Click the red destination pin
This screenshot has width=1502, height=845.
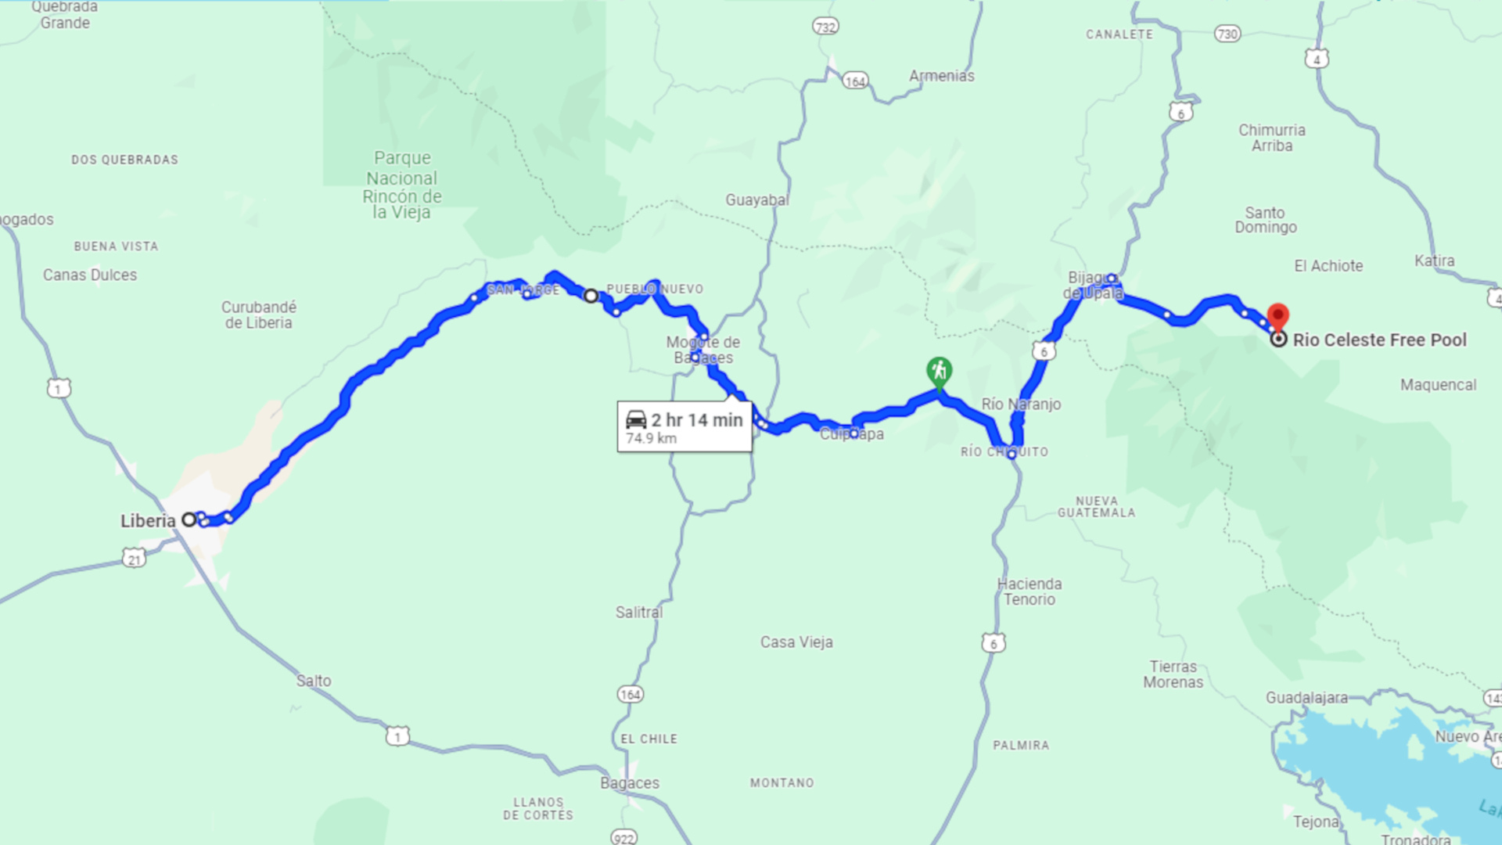click(1277, 317)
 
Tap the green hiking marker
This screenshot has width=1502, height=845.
click(939, 371)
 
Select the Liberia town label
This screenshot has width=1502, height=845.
click(148, 521)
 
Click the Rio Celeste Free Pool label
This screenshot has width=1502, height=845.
click(1379, 340)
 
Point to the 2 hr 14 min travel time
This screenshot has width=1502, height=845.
click(696, 420)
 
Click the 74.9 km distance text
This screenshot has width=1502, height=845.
click(651, 439)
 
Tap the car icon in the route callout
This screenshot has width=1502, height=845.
click(636, 420)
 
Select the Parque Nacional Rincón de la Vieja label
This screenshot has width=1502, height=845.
click(402, 185)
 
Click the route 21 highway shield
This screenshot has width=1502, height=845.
click(134, 559)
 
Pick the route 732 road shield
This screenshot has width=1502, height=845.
click(825, 27)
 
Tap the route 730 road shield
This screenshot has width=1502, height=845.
click(1227, 34)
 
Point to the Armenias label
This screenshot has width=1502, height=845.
click(941, 76)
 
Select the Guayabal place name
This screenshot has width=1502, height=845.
click(756, 200)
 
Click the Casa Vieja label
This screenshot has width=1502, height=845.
click(796, 642)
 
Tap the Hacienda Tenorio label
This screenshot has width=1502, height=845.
click(1029, 592)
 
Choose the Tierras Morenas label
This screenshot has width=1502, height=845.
click(1173, 674)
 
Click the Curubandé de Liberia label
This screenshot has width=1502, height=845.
click(259, 315)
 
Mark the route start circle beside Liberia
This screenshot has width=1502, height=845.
click(189, 520)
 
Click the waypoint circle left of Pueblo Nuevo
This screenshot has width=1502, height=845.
click(591, 296)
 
